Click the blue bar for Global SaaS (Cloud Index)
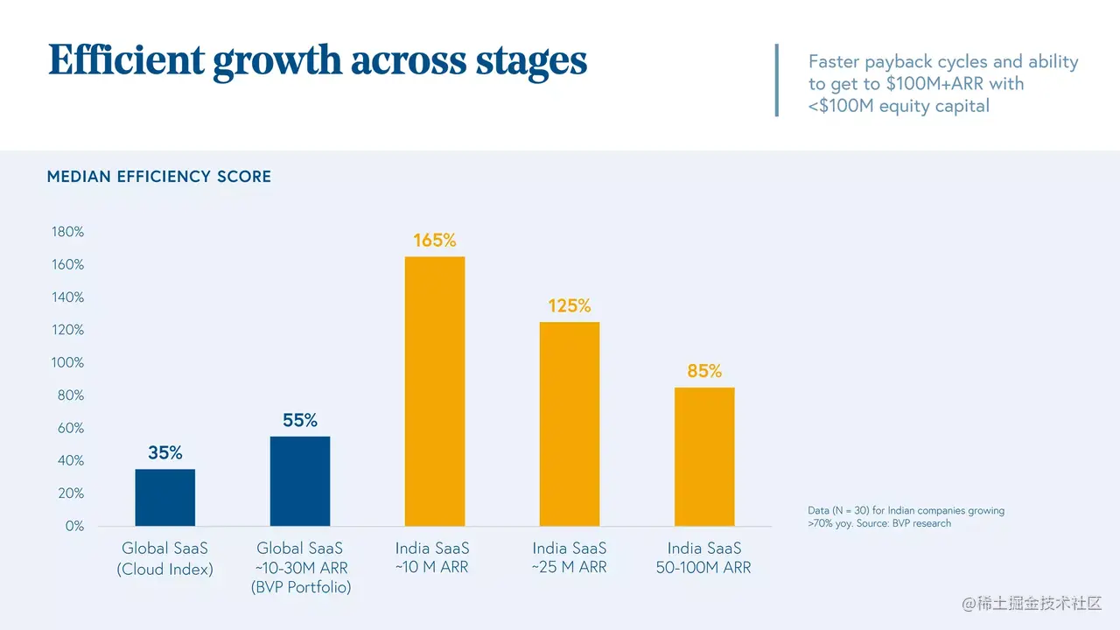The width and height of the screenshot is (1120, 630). (x=165, y=497)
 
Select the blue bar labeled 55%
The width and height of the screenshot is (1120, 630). (x=300, y=480)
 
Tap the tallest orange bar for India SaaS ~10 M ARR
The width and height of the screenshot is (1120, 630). (x=435, y=391)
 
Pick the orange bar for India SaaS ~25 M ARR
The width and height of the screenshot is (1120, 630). (x=570, y=423)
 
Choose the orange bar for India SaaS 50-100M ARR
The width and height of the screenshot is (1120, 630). (x=704, y=456)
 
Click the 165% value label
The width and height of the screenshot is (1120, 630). (x=435, y=241)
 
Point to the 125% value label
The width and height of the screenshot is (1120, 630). (x=570, y=306)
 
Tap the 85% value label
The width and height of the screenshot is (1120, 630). (x=704, y=372)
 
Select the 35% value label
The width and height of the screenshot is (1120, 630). (x=165, y=453)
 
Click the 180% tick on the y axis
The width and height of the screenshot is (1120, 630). (x=67, y=232)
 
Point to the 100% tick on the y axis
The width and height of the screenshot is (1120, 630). (x=67, y=362)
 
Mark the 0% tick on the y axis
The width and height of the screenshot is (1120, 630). (x=74, y=526)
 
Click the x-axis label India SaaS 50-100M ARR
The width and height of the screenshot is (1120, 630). (x=703, y=558)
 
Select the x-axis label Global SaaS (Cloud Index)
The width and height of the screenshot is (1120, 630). (x=165, y=558)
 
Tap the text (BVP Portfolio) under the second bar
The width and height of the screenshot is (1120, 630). (x=300, y=588)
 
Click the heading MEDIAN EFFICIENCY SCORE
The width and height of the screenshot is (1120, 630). (x=159, y=177)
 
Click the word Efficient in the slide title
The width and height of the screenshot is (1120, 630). (x=127, y=60)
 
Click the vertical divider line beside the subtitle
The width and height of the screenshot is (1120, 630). (x=776, y=80)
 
